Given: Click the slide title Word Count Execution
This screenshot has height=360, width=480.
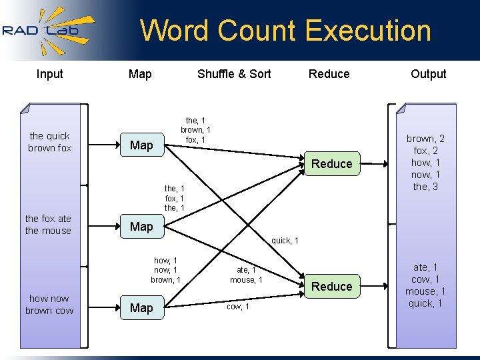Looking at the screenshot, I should (x=285, y=31).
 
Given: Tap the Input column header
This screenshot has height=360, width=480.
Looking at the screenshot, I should (x=50, y=74).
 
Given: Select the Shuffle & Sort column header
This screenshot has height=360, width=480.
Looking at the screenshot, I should (x=234, y=74).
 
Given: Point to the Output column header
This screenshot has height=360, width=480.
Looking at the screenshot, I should (x=428, y=74).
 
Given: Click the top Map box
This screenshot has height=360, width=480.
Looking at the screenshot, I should (x=141, y=145).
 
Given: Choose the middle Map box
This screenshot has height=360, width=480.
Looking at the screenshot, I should (x=141, y=227).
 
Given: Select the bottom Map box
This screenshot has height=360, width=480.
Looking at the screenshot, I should (x=141, y=308).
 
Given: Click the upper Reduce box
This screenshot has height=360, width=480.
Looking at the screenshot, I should (x=331, y=164).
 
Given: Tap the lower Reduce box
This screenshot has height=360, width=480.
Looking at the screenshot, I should (x=331, y=287).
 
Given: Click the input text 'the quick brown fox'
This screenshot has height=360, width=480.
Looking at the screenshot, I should (x=49, y=142).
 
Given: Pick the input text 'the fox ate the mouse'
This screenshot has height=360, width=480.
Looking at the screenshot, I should (x=48, y=225).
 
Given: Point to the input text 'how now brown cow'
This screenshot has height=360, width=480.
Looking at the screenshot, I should (x=49, y=305).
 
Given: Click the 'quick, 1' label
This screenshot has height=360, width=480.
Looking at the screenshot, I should (x=285, y=241).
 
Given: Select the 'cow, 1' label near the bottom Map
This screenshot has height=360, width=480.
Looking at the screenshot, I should (x=238, y=307).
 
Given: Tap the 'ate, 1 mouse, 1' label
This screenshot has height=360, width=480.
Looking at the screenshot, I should (x=246, y=275).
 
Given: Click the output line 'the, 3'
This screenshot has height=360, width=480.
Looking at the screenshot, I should (x=425, y=187).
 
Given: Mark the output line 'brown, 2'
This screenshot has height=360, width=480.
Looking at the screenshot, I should (x=425, y=139).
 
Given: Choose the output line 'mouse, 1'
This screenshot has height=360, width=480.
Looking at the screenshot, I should (x=425, y=291).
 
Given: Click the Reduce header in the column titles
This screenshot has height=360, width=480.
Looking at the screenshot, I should (x=329, y=74).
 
